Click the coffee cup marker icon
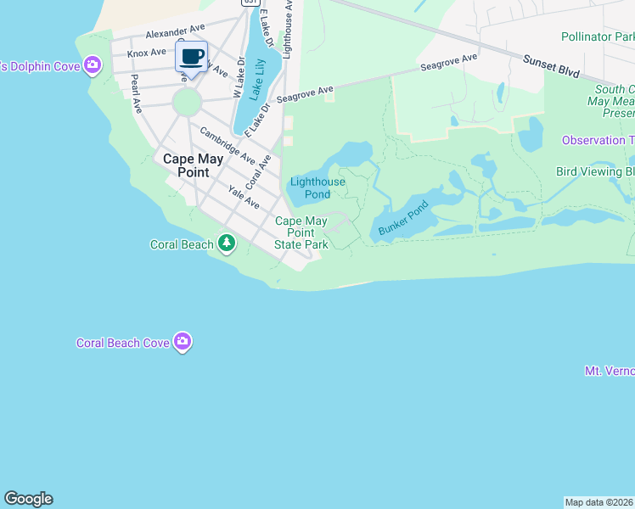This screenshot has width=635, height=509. (x=192, y=58)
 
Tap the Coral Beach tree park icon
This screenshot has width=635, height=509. (x=226, y=244)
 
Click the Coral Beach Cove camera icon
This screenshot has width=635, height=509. (x=182, y=342)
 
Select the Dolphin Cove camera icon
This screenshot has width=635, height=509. (x=93, y=65)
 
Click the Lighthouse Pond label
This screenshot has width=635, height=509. (x=317, y=188)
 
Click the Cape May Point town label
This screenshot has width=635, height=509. (x=193, y=165)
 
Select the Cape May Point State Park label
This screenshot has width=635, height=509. (x=301, y=232)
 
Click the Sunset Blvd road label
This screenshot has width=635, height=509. (x=551, y=65)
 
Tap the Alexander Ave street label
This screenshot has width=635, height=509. (x=176, y=32)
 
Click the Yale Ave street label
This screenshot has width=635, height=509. (x=244, y=197)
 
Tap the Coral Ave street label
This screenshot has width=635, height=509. (x=258, y=171)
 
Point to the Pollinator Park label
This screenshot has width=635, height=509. (x=598, y=37)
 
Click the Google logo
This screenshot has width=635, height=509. (x=28, y=499)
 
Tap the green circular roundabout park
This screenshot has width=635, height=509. (x=187, y=103)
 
